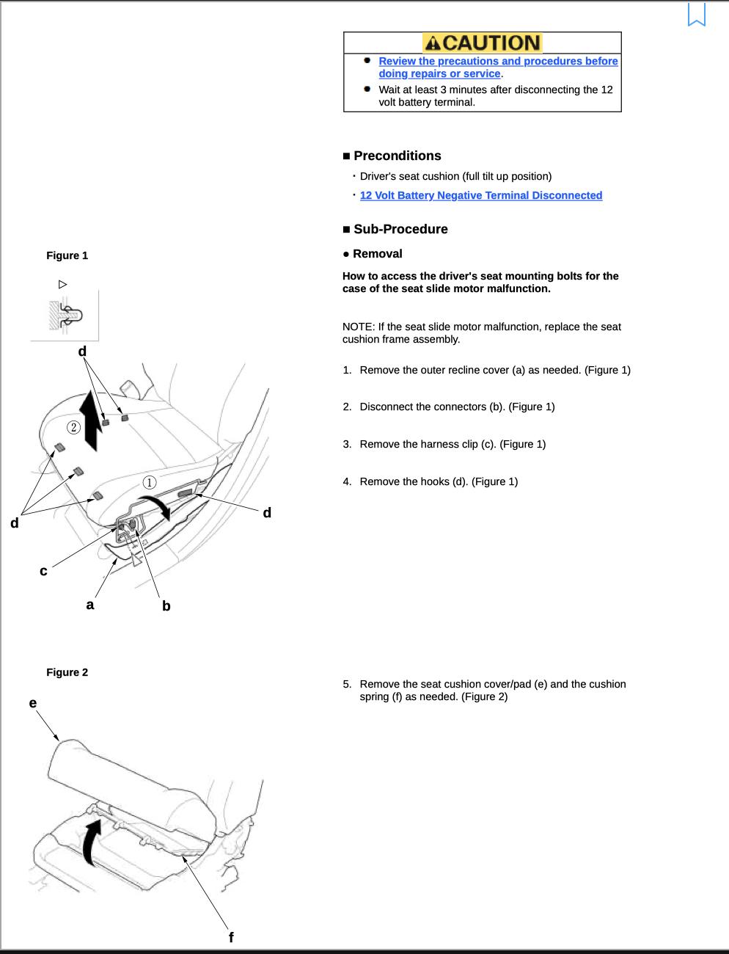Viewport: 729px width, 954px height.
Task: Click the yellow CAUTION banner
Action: tap(482, 43)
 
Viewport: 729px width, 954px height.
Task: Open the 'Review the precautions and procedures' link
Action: tap(497, 67)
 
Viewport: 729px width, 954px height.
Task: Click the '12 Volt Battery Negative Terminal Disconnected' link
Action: tap(480, 195)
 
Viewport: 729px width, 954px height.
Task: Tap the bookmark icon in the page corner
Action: tap(696, 15)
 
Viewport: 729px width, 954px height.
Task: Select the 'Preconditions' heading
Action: tap(397, 156)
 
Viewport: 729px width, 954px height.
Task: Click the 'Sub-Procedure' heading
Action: tap(400, 229)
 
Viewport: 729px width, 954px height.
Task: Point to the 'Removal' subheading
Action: tap(377, 254)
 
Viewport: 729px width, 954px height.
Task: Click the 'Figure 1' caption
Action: tap(67, 255)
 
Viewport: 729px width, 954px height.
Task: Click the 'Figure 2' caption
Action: tap(67, 672)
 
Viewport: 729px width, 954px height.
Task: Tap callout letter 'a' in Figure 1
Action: tap(90, 605)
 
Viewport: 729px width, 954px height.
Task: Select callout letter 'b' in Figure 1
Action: tap(166, 606)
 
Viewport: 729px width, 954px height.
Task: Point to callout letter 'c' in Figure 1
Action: tap(43, 571)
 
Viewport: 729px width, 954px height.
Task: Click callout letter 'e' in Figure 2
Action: tap(33, 703)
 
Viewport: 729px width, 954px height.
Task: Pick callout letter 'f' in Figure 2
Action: tap(231, 937)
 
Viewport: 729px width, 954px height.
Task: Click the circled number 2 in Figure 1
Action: tap(73, 427)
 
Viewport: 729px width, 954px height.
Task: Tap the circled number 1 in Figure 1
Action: tap(150, 482)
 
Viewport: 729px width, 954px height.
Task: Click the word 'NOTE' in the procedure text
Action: tap(357, 327)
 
